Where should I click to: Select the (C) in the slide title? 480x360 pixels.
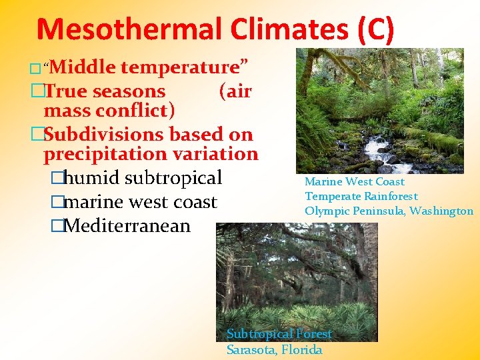[x=376, y=30]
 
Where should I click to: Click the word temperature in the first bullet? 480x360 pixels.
[x=185, y=67]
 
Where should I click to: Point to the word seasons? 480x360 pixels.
[x=129, y=91]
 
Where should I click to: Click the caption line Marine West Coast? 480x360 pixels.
[x=355, y=181]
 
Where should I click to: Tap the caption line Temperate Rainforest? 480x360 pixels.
[x=361, y=196]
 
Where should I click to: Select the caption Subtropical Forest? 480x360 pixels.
[x=279, y=334]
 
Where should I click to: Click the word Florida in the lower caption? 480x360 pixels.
[x=301, y=349]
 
